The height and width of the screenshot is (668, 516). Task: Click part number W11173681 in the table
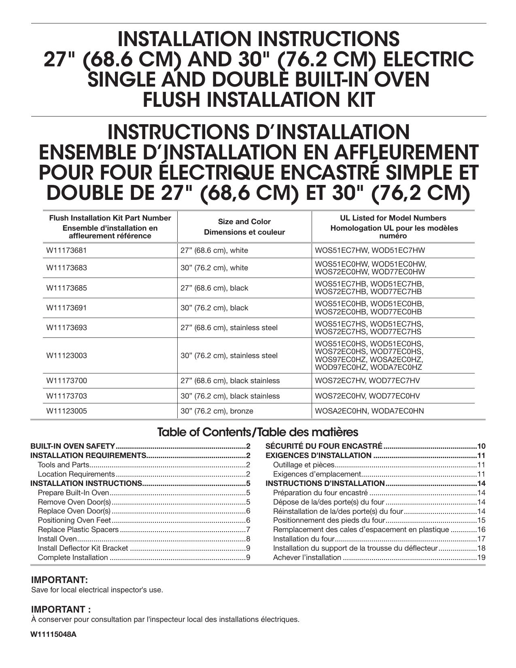(66, 250)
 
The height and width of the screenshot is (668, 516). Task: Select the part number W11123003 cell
(66, 356)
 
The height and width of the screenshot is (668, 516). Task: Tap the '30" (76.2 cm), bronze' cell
(217, 411)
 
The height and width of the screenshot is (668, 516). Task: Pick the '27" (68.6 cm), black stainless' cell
(230, 381)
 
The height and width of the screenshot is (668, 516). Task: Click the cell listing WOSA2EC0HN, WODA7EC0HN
(369, 411)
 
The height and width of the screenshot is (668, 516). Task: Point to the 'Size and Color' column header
(244, 222)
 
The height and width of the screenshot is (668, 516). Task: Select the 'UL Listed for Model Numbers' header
(393, 218)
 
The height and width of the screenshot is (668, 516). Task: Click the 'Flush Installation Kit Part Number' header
(110, 218)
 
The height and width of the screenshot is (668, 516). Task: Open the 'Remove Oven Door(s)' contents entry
(74, 502)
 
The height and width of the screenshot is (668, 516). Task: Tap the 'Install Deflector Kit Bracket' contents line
(83, 548)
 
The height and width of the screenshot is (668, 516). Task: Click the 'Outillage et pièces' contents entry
(304, 465)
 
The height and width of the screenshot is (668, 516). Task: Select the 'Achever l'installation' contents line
(307, 558)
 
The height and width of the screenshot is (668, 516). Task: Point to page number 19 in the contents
(481, 558)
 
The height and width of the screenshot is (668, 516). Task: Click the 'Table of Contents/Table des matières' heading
(257, 432)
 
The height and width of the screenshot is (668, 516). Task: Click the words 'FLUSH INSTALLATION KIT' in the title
(259, 100)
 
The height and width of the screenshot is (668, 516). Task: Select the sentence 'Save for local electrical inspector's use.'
(97, 590)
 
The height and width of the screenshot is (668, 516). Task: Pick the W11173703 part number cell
(66, 396)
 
